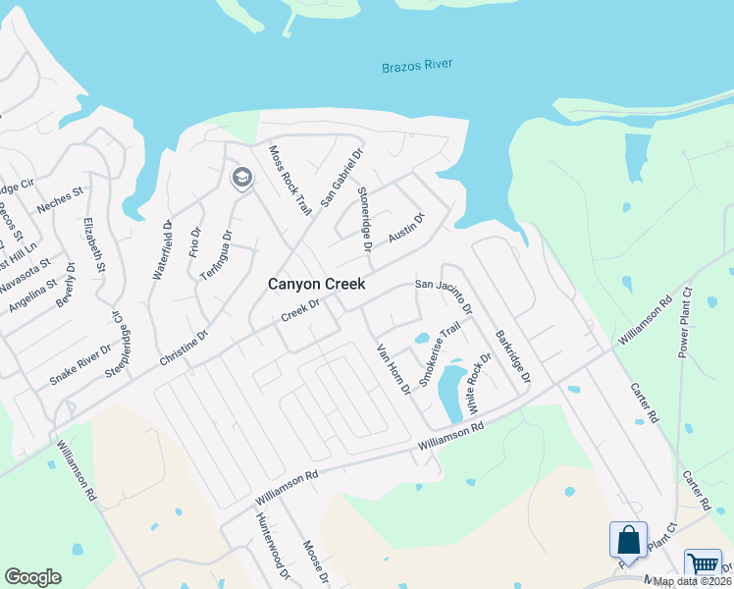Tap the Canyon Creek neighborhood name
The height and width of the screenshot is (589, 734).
point(317,284)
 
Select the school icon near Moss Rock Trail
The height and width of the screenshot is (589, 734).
point(241,178)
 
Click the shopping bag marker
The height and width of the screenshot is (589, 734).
point(628,540)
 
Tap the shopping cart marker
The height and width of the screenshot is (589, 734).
point(703,564)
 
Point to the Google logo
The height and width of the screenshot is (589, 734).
point(33,577)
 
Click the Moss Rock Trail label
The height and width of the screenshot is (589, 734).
point(290,180)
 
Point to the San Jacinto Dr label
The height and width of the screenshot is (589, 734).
point(444,296)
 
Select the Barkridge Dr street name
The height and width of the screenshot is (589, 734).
point(512,356)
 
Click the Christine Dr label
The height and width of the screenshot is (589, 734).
point(183,348)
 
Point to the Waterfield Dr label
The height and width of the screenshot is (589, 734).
point(162,250)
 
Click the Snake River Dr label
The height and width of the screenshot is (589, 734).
point(80,366)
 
